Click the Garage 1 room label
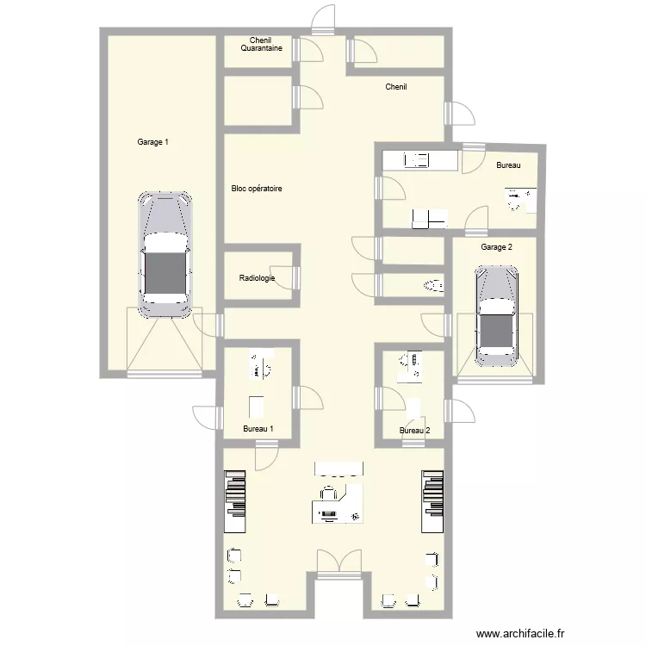tap(152, 142)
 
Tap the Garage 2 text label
tap(496, 247)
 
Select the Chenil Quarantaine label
tap(261, 44)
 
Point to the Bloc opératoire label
tap(257, 189)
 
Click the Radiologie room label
tap(257, 278)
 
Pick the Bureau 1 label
tap(258, 428)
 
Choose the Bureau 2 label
tap(414, 431)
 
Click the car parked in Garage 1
tap(165, 254)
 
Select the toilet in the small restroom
tap(432, 283)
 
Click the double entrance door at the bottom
tap(339, 563)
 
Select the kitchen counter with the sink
tap(419, 159)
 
